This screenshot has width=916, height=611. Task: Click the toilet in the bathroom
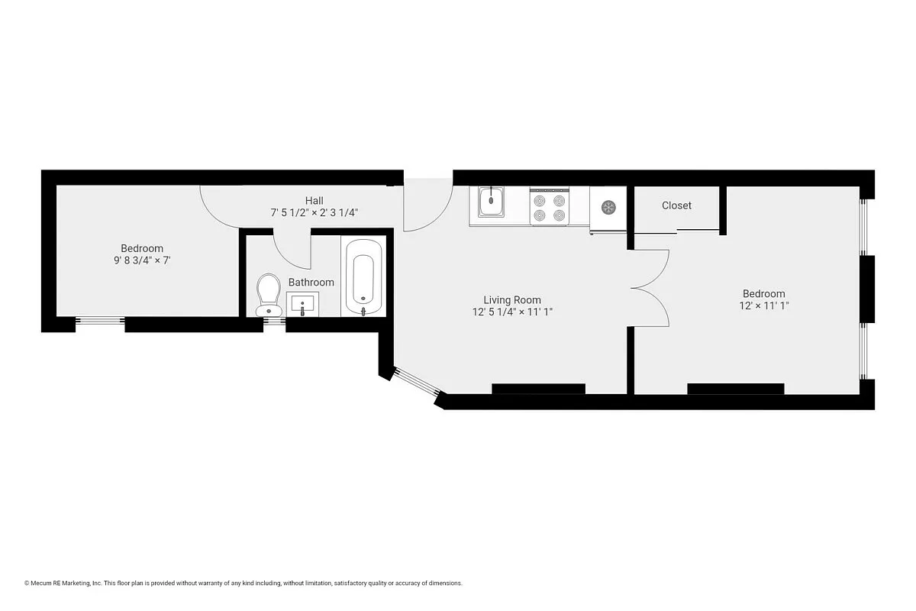click(268, 294)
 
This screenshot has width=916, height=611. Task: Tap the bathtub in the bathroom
click(363, 276)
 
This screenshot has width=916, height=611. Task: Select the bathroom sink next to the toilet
click(302, 304)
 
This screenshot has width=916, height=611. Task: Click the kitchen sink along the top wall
click(492, 202)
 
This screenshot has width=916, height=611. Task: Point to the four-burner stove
click(550, 207)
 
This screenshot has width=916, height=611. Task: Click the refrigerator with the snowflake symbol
click(608, 207)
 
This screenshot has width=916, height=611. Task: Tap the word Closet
click(676, 205)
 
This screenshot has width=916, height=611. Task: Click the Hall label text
click(314, 201)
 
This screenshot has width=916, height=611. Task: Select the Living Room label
click(511, 300)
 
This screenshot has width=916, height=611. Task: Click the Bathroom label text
click(311, 283)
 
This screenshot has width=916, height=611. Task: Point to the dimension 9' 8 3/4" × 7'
click(142, 260)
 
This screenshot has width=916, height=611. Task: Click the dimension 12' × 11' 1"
click(763, 305)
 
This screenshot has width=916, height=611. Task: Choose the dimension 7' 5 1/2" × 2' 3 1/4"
click(314, 213)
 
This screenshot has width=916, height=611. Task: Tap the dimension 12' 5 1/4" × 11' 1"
click(511, 312)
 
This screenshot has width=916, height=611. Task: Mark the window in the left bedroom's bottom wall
click(100, 321)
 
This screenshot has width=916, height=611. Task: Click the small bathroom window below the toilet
click(274, 322)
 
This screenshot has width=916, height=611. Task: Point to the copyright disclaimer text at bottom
click(244, 583)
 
